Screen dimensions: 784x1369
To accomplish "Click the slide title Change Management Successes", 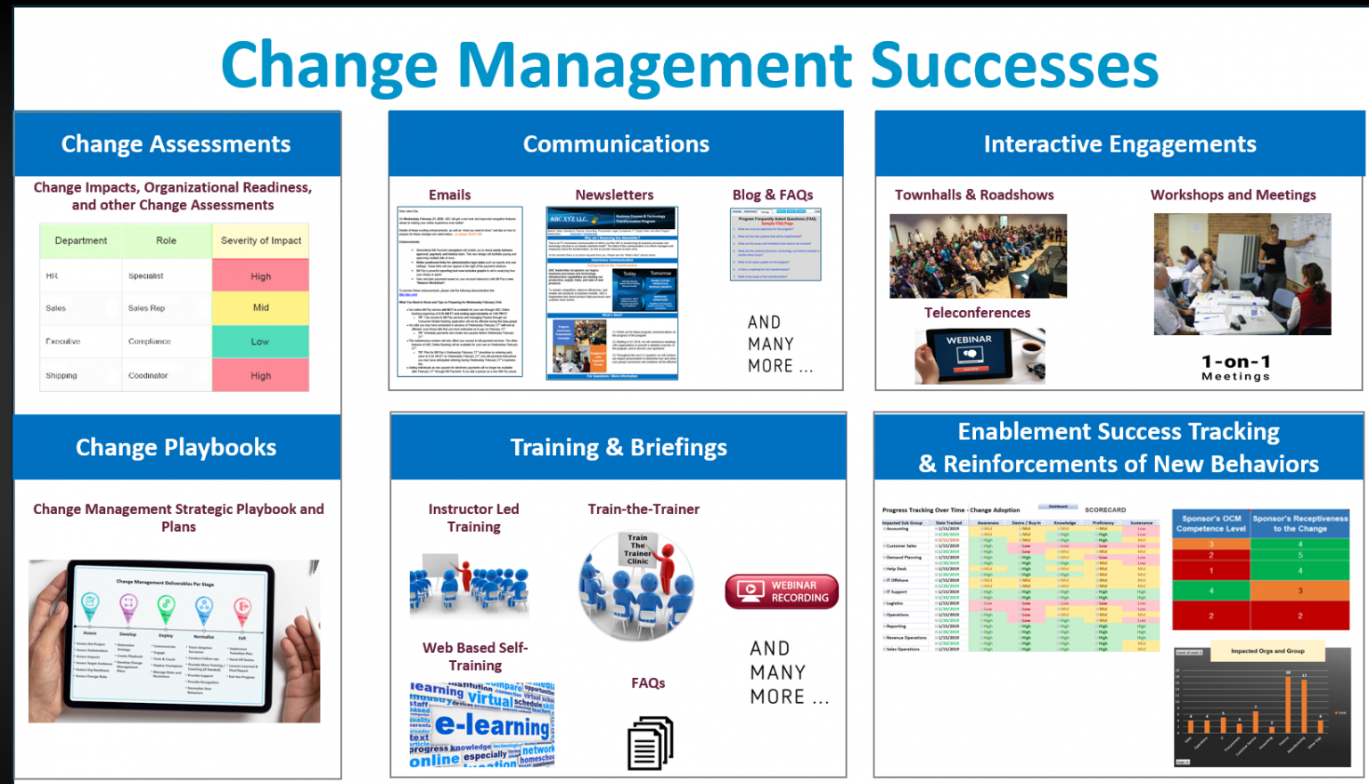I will [689, 65].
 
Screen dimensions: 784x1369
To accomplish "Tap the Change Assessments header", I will [176, 144].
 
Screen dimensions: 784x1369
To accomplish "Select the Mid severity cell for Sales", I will [260, 308].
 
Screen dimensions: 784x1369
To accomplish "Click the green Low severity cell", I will [260, 341].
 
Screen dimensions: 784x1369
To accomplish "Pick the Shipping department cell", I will [62, 376].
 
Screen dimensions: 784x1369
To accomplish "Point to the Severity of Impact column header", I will [260, 241].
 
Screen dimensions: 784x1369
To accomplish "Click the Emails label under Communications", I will [449, 195].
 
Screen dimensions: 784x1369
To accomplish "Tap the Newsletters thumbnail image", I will [611, 293].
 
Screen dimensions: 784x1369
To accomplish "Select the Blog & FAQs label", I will [772, 195].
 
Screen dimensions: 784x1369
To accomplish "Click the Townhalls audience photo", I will [978, 256].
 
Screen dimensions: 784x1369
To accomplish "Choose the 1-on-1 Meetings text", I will [1235, 367].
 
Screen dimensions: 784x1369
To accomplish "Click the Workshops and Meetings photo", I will [1242, 274].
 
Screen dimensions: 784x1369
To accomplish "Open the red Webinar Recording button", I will [782, 592].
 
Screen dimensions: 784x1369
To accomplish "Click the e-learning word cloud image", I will [481, 725].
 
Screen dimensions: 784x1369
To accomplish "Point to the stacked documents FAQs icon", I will [650, 743].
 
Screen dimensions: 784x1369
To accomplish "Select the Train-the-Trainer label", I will [644, 510].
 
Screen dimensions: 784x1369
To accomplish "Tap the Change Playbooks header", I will [176, 447].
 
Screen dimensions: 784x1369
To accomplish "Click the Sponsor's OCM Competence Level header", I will [1210, 523].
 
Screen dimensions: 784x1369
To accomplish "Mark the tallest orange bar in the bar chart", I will [1288, 704].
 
